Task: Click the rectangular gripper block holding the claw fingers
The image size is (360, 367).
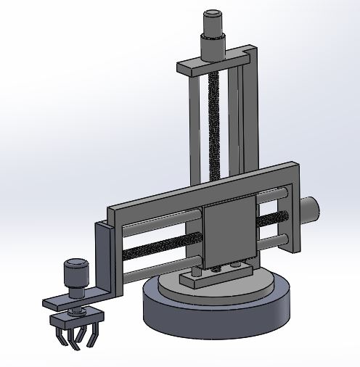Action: coord(78,318)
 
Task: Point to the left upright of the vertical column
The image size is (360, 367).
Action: coord(193,131)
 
